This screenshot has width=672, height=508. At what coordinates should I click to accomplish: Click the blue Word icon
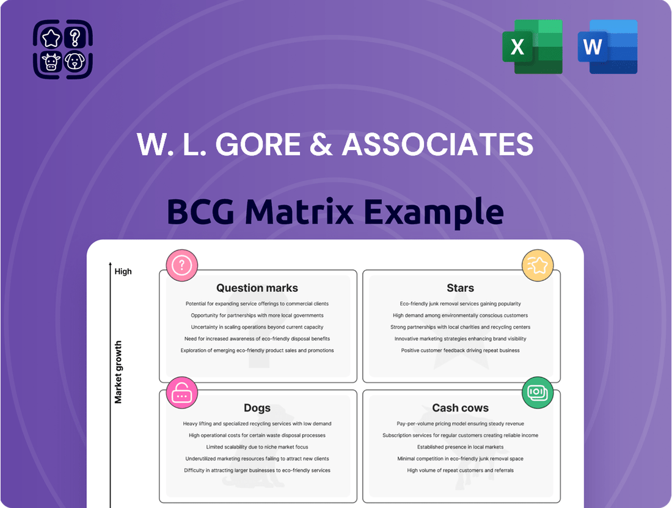pos(607,47)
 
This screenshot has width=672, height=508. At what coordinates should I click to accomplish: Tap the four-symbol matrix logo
pos(63,49)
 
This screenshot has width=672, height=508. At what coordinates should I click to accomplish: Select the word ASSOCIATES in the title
pos(437,145)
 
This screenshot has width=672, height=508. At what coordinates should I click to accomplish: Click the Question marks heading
pos(257,288)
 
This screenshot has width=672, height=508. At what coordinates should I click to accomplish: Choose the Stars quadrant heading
pos(460,288)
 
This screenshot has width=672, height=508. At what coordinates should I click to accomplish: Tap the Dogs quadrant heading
pos(257,408)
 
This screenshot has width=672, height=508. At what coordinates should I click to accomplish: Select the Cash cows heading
pos(460,408)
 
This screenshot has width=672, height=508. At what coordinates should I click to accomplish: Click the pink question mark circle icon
pos(182,265)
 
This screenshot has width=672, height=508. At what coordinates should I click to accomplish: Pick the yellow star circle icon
pos(538,265)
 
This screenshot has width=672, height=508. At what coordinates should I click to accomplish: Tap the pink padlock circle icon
pos(182,393)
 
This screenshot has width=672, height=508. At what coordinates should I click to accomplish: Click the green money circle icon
pos(538,393)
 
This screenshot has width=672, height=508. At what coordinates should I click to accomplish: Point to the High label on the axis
pos(123,272)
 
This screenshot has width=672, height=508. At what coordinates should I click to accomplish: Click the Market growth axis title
pos(119,372)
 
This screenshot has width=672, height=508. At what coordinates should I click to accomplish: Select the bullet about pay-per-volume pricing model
pos(460,424)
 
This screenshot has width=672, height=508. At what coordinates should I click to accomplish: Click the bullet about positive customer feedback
pos(460,350)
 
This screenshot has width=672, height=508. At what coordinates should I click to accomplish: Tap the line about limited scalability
pos(257,447)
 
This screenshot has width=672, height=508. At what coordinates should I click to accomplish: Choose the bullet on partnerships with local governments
pos(257,316)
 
